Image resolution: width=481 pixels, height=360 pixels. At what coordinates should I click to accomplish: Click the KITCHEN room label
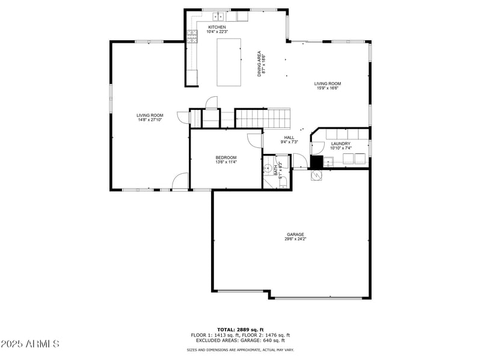tap(217, 28)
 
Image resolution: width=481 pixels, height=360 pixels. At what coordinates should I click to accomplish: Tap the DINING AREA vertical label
tap(262, 64)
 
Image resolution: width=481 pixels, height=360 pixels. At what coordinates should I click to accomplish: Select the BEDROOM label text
tap(226, 157)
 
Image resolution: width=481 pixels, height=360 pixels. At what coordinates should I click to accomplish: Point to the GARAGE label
tap(295, 234)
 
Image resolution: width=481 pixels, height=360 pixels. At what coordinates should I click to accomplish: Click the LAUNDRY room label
tap(340, 144)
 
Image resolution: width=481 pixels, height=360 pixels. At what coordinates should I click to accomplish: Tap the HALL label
tap(289, 138)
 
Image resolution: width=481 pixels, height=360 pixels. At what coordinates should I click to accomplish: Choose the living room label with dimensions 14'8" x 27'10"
tap(150, 115)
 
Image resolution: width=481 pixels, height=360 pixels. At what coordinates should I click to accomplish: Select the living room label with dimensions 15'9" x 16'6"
tap(328, 84)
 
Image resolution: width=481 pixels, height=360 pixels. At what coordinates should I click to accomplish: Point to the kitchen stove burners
tap(193, 37)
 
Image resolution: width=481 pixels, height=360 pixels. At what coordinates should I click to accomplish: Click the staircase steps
tap(262, 118)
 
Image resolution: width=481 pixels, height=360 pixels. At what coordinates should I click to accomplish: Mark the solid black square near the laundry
tap(316, 162)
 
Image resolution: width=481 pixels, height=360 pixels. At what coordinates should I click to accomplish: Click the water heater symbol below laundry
tap(316, 175)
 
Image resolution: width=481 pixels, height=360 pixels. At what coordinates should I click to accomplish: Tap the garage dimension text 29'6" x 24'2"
tap(295, 239)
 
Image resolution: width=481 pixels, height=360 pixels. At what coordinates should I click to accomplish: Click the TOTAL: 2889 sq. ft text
tap(240, 329)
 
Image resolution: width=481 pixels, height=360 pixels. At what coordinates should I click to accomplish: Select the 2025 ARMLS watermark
tap(30, 344)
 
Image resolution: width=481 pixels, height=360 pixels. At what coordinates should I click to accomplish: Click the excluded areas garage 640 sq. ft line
tap(240, 340)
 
